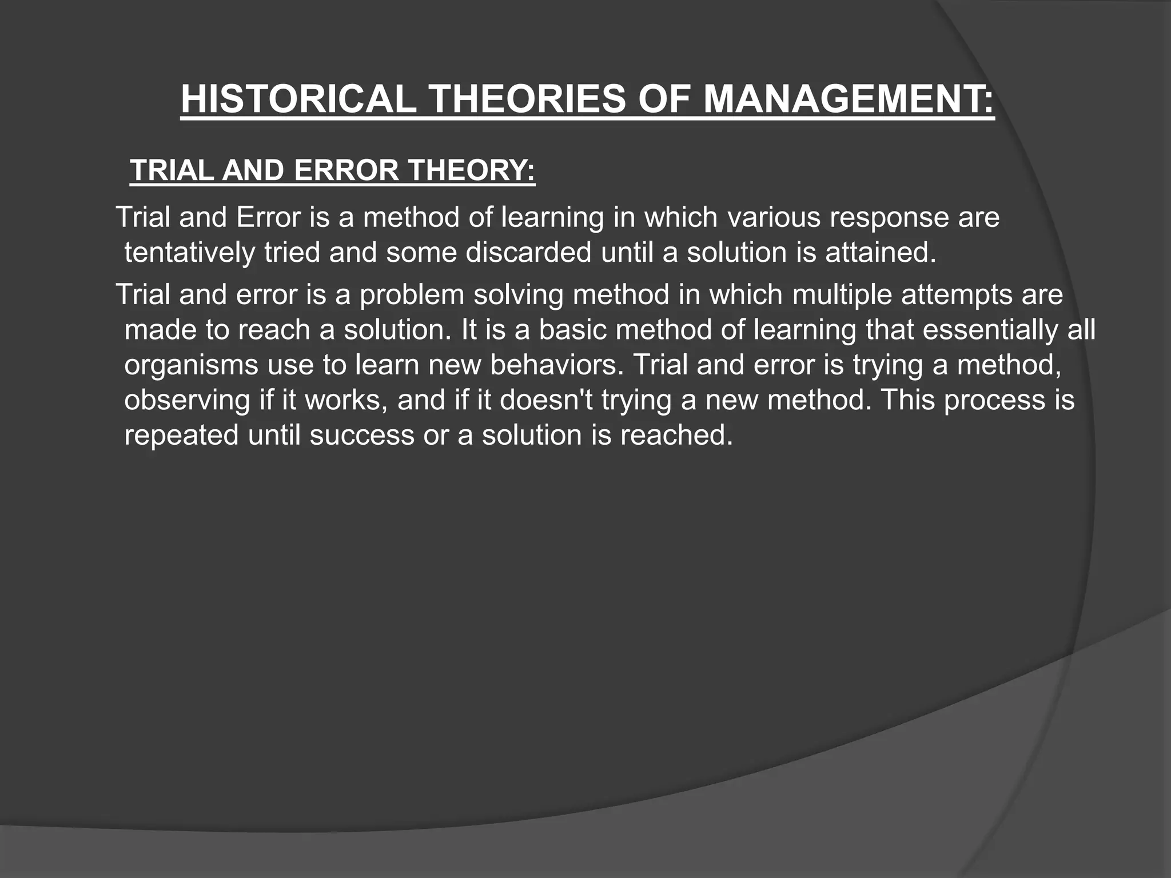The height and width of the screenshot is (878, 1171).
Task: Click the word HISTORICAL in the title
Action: coord(298,99)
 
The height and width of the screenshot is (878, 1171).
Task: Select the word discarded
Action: coord(528,253)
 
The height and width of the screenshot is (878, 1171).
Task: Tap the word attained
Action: coord(881,253)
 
